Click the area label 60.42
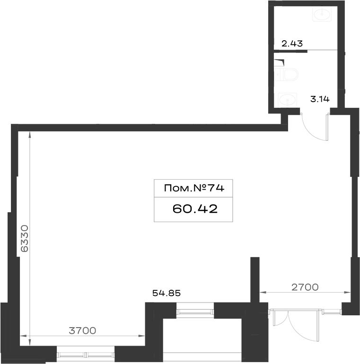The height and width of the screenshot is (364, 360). click(195, 209)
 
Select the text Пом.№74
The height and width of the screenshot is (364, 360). click(194, 188)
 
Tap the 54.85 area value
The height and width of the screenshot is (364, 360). click(167, 293)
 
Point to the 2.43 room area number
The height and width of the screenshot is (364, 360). click(292, 43)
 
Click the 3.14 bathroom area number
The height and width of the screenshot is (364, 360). click(320, 99)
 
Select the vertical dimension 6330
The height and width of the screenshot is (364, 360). click(25, 238)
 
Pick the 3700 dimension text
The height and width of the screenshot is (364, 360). click(82, 330)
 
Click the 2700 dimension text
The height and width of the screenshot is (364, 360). click(305, 287)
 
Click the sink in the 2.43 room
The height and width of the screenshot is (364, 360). click(322, 14)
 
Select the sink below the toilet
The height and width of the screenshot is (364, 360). click(288, 100)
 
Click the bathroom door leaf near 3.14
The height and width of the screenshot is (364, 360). click(328, 127)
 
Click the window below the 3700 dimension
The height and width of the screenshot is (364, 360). click(86, 355)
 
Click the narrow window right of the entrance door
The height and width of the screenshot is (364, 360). click(332, 312)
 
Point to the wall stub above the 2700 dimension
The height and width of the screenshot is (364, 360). click(255, 280)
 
